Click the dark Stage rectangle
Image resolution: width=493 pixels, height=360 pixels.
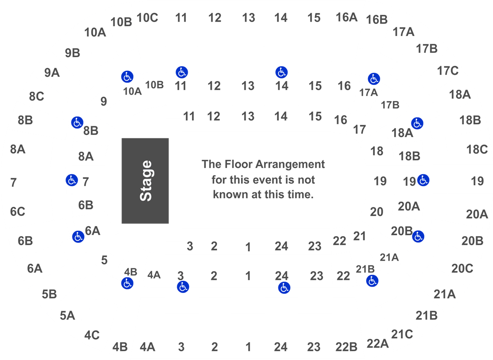145,181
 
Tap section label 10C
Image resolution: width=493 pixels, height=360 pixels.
147,18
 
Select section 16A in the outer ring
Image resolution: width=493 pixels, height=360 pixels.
347,17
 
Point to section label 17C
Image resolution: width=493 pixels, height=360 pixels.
448,71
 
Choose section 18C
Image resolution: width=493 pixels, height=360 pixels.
477,149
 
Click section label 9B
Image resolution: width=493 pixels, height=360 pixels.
72,53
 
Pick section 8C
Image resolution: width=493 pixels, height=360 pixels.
36,96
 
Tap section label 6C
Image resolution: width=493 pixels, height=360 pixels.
18,212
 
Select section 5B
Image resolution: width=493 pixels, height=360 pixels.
49,294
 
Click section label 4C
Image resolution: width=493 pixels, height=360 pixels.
92,335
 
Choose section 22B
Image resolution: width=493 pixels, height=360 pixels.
347,347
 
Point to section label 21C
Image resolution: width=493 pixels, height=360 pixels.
402,334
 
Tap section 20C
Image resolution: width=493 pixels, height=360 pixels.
462,268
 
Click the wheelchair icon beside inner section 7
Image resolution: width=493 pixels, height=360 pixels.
72,180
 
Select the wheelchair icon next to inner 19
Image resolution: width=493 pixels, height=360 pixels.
423,180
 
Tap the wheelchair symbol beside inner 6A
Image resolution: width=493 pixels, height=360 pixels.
78,237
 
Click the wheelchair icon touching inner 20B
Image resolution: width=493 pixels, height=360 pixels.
418,236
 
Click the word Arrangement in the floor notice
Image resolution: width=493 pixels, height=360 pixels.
290,165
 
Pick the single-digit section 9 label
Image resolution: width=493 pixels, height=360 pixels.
104,101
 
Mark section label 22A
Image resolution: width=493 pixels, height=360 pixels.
378,344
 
